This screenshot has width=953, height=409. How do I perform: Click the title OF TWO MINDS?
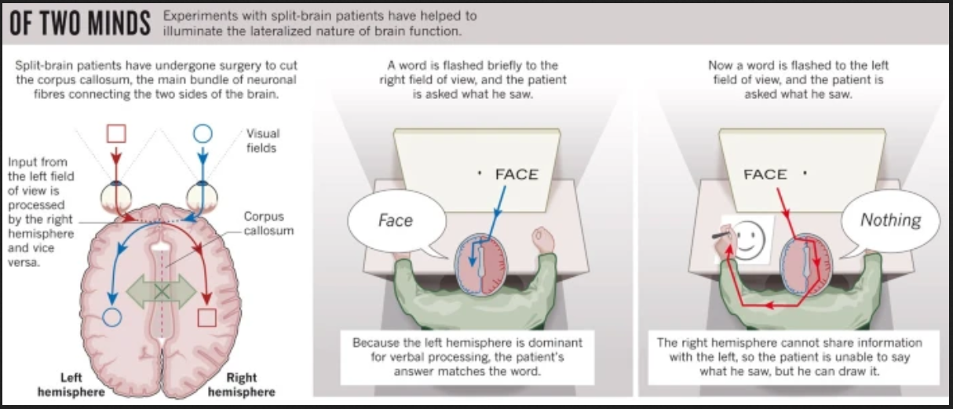80,23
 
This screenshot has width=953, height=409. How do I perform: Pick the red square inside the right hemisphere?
206,317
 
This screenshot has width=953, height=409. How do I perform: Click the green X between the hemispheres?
161,291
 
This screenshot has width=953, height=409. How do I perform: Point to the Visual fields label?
262,141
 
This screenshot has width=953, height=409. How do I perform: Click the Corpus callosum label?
268,224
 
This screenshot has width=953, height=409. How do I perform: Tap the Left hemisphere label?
71,385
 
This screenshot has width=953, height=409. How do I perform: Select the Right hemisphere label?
241,385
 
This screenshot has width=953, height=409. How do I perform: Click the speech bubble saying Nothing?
890,221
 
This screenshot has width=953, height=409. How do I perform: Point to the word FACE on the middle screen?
517,174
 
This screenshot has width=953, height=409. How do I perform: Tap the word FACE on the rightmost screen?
765,174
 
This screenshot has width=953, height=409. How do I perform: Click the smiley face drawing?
750,240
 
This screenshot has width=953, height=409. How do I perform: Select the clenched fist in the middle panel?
543,239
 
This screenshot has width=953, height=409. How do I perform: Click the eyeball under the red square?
115,196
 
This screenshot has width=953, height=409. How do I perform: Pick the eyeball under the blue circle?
202,196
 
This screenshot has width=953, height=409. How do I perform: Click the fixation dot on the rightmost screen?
805,173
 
